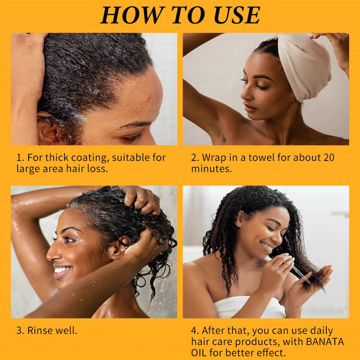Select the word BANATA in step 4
coord(325,342)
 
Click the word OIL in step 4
coord(199,352)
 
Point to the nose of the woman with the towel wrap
coord(246,94)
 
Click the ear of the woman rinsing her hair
coord(118,250)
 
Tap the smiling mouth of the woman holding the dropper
coord(267,247)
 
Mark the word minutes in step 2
coord(211,169)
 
